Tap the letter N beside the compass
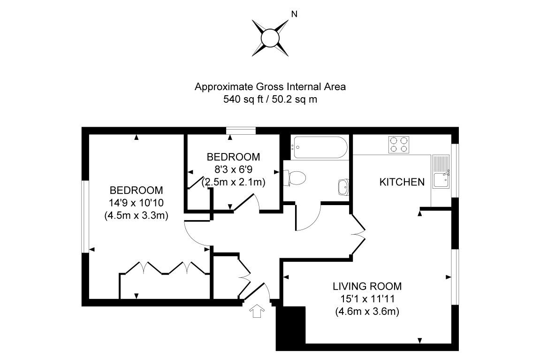pyautogui.click(x=295, y=14)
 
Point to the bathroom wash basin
pyautogui.click(x=343, y=187)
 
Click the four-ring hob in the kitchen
pyautogui.click(x=399, y=144)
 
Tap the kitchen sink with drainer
pyautogui.click(x=441, y=174)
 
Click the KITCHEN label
pyautogui.click(x=402, y=182)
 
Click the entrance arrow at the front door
pyautogui.click(x=257, y=311)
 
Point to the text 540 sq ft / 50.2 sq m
pyautogui.click(x=270, y=100)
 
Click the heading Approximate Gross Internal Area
pyautogui.click(x=270, y=87)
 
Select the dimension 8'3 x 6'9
pyautogui.click(x=233, y=169)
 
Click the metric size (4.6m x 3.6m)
pyautogui.click(x=367, y=311)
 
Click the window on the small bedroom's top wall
pyautogui.click(x=240, y=130)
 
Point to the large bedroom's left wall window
pyautogui.click(x=85, y=216)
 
